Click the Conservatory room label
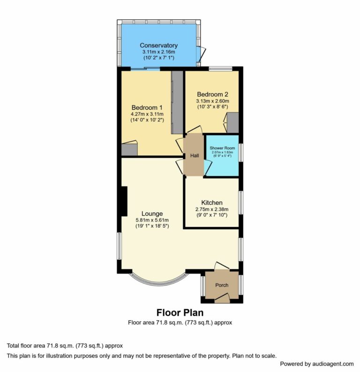(158, 45)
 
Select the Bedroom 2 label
(212, 94)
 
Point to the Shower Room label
(222, 148)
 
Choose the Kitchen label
(212, 202)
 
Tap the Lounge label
(152, 214)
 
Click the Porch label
(222, 285)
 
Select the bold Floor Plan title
(180, 312)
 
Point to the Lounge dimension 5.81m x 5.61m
(152, 220)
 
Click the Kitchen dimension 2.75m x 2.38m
(212, 209)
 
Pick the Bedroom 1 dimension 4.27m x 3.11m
(147, 114)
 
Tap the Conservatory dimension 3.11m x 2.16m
(158, 52)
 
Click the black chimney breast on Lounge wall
(124, 201)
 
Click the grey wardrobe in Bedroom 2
(233, 122)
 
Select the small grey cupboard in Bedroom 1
(129, 149)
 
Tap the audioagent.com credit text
(316, 364)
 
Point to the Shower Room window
(240, 153)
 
